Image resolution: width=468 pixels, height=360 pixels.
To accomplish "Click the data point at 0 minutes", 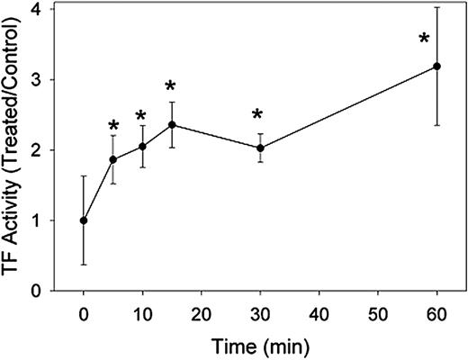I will click(x=84, y=220).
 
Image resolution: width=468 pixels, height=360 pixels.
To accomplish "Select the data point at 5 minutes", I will click(x=112, y=159).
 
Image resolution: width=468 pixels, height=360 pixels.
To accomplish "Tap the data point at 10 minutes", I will click(x=142, y=147).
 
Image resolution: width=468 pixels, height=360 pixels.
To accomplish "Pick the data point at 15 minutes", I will click(x=172, y=125).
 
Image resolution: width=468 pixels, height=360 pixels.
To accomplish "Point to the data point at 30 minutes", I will click(x=260, y=148).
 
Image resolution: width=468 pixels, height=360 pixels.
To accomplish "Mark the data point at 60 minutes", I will click(x=436, y=66).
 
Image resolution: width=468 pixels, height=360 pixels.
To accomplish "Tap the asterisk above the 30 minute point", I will click(x=257, y=115).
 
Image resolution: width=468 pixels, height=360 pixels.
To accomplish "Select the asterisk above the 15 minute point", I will click(x=171, y=87).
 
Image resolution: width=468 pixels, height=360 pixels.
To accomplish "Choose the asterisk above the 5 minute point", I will click(x=112, y=127).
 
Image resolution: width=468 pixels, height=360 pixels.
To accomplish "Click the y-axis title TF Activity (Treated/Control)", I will click(x=15, y=148).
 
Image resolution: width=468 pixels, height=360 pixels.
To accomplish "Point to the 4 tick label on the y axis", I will click(x=33, y=9).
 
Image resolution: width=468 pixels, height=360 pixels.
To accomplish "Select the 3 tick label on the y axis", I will click(x=33, y=79).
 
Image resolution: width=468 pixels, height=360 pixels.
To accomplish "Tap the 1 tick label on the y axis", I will click(x=33, y=220).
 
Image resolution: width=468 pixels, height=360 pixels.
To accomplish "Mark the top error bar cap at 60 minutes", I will click(x=436, y=8).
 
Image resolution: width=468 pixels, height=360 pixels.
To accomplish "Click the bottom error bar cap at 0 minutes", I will click(x=84, y=265).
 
